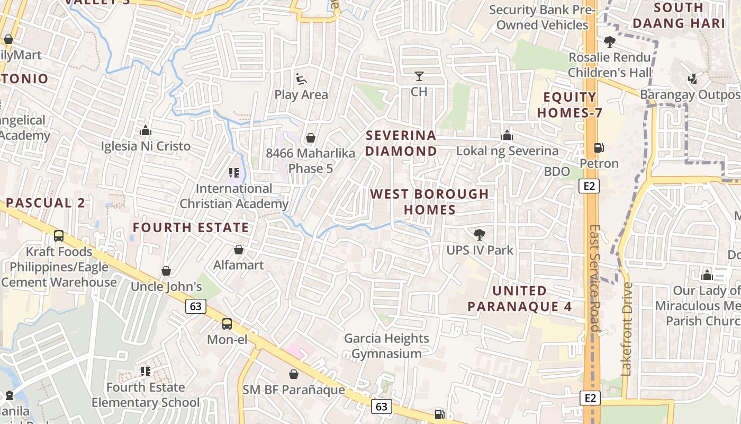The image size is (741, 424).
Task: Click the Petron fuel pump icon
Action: pyautogui.click(x=599, y=148)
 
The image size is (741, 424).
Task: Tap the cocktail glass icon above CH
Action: pyautogui.click(x=419, y=76)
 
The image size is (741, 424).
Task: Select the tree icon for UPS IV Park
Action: pyautogui.click(x=480, y=234)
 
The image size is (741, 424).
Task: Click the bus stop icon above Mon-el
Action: pyautogui.click(x=227, y=323)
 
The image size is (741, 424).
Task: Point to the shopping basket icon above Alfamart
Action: pyautogui.click(x=239, y=250)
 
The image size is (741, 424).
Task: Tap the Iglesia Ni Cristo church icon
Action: pyautogui.click(x=146, y=130)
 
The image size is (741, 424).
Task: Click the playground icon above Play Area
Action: pyautogui.click(x=301, y=79)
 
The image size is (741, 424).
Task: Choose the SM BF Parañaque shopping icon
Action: pyautogui.click(x=294, y=374)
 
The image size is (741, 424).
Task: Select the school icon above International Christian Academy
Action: pyautogui.click(x=234, y=173)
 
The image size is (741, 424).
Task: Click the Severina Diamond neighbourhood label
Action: pyautogui.click(x=401, y=143)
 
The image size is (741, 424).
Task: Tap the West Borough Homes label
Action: pyautogui.click(x=429, y=201)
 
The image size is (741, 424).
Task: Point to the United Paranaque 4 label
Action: pyautogui.click(x=520, y=298)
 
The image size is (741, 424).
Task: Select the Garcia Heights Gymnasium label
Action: pyautogui.click(x=387, y=346)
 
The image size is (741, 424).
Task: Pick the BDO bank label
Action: pyautogui.click(x=557, y=171)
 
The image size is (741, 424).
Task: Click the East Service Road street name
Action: pyautogui.click(x=594, y=278)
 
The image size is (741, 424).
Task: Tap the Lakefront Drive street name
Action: pyautogui.click(x=627, y=329)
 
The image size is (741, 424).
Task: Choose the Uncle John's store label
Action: pyautogui.click(x=166, y=287)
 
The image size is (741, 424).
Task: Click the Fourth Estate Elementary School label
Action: pyautogui.click(x=146, y=395)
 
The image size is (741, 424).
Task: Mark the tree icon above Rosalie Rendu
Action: pyautogui.click(x=609, y=41)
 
